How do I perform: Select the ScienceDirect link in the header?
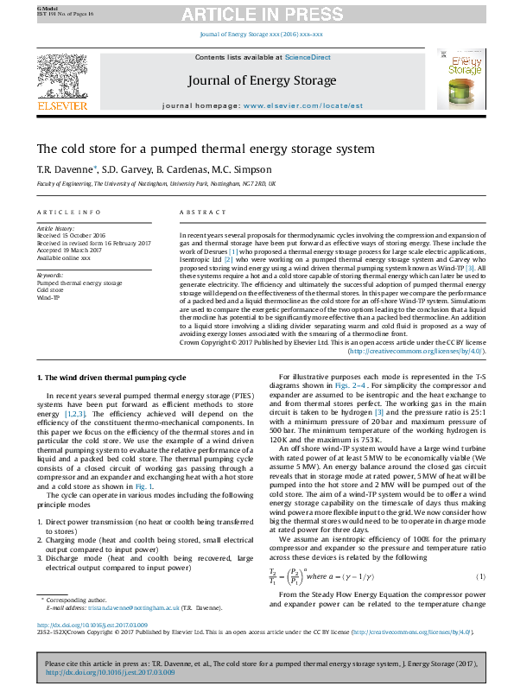tap(308, 57)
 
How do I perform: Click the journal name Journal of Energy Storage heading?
tap(261, 80)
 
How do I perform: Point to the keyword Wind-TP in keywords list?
tap(48, 296)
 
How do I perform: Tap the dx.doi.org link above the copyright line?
tap(92, 649)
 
